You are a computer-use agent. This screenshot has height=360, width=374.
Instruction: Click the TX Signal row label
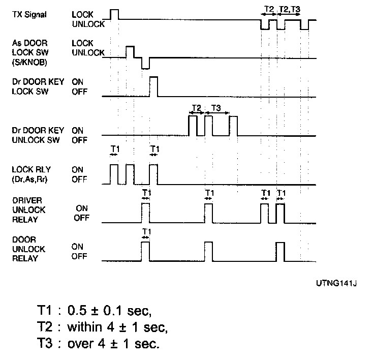pyautogui.click(x=29, y=14)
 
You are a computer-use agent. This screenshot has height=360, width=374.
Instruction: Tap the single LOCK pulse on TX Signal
pyautogui.click(x=114, y=14)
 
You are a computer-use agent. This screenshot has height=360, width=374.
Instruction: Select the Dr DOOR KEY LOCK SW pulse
pyautogui.click(x=153, y=86)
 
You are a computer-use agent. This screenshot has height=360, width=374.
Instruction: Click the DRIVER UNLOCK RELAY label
pyautogui.click(x=29, y=209)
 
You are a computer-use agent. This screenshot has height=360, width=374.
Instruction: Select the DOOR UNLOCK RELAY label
pyautogui.click(x=29, y=249)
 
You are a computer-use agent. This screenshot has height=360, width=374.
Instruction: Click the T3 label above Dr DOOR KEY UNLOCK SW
pyautogui.click(x=216, y=108)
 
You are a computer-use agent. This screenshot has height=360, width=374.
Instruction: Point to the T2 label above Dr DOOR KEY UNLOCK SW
pyautogui.click(x=197, y=108)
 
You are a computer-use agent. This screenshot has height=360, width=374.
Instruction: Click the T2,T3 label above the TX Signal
pyautogui.click(x=290, y=9)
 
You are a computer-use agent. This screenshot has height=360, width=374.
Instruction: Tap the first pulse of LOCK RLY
pyautogui.click(x=114, y=174)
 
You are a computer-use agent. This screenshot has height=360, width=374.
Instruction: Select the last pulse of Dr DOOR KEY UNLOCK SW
pyautogui.click(x=233, y=126)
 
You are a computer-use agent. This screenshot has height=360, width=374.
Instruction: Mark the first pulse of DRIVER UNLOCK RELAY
pyautogui.click(x=146, y=213)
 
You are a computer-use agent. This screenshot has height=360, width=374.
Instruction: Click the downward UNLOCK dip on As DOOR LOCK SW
pyautogui.click(x=145, y=63)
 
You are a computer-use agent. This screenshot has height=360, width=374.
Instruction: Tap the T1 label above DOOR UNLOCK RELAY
pyautogui.click(x=146, y=232)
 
